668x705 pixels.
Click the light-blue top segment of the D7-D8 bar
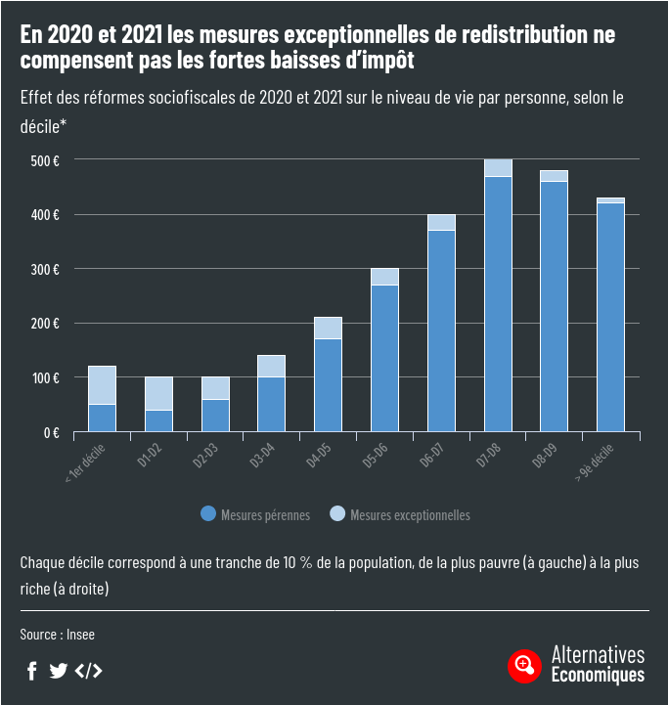498,168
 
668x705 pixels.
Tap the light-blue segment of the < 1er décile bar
102,385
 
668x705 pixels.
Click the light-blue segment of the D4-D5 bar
328,328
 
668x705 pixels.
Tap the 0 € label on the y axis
52,432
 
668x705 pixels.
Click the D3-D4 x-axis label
261,460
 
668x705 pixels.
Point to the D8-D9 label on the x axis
545,460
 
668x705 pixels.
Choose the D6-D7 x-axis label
431,460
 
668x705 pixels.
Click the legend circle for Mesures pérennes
207,514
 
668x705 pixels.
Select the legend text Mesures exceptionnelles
410,514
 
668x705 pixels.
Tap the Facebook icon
32,671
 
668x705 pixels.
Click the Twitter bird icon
59,671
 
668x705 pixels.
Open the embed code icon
88,671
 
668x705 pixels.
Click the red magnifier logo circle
525,666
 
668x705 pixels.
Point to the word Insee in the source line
81,635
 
